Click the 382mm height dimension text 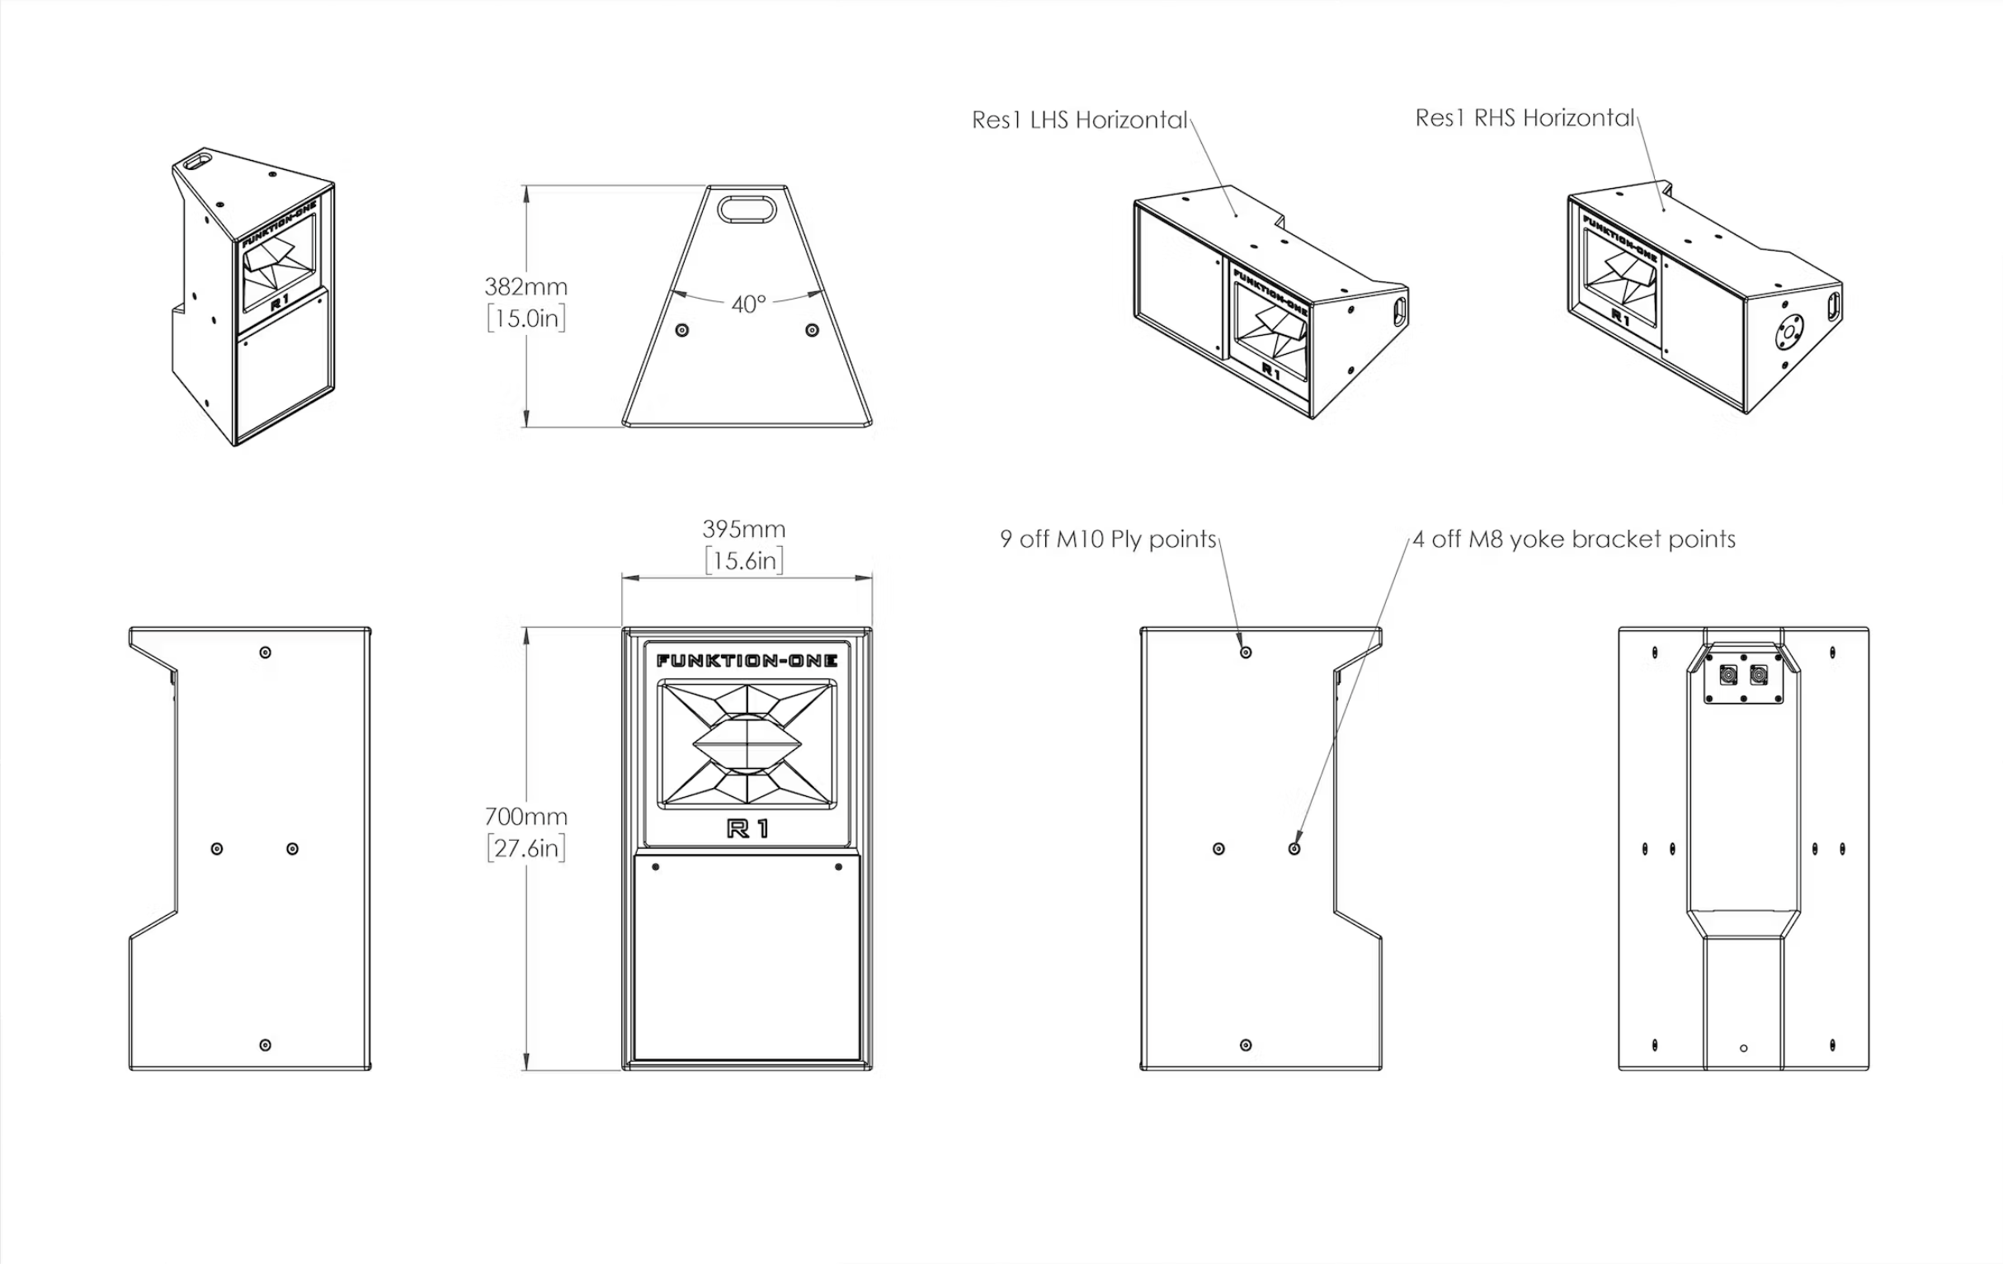point(525,287)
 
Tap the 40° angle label point(747,304)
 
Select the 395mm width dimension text point(743,529)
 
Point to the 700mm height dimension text point(525,816)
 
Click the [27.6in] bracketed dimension point(525,848)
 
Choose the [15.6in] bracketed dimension point(743,561)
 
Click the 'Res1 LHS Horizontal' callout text point(1079,120)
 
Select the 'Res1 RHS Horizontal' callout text point(1524,118)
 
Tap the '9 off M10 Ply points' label point(1108,540)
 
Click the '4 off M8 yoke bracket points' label point(1574,540)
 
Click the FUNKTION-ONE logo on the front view point(746,661)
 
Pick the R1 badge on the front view point(747,828)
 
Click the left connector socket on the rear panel point(1728,675)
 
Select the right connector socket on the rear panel point(1759,675)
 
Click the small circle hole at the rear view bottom point(1743,1049)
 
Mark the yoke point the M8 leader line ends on point(1294,849)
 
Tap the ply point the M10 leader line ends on point(1245,653)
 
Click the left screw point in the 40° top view point(682,330)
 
